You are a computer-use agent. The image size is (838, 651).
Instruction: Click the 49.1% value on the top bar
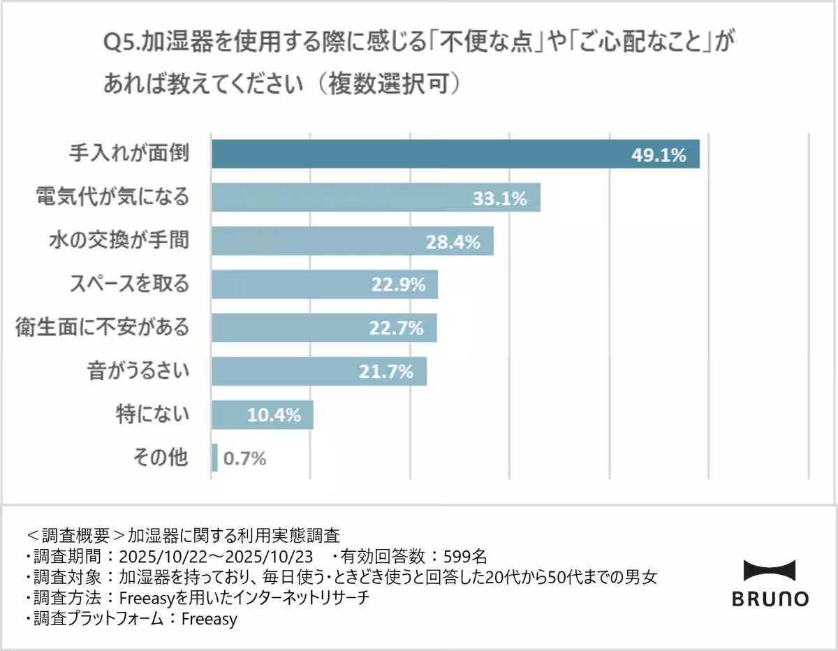659,155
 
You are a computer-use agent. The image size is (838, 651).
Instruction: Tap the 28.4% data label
453,242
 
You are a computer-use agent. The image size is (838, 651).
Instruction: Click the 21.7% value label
386,372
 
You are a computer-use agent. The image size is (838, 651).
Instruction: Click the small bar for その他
214,458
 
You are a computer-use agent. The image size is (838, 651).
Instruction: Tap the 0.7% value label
245,459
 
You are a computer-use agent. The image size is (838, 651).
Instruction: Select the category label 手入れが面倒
129,154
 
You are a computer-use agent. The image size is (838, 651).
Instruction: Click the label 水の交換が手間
119,241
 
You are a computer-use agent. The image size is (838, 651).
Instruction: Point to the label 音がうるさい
138,370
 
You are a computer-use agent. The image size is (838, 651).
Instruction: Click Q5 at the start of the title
115,43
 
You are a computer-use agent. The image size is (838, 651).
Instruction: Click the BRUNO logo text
770,599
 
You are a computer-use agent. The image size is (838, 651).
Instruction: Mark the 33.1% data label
499,199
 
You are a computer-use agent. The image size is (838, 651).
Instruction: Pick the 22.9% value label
397,284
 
